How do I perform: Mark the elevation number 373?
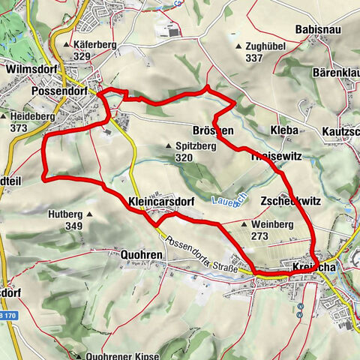point(18,128)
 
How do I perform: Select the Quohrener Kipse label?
point(121,355)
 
